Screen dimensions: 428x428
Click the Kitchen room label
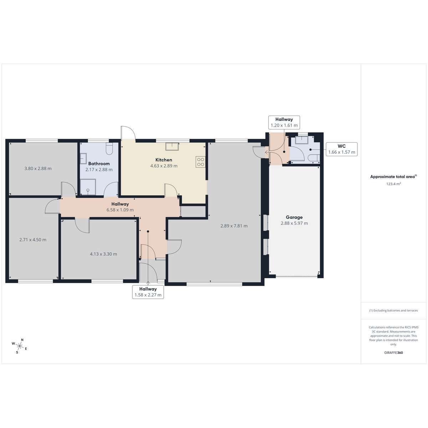coord(164,160)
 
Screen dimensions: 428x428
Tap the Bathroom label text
coord(99,164)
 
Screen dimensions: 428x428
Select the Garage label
coord(294,218)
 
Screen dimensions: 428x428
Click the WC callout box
coord(342,149)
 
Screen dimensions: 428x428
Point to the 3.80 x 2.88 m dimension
coord(38,169)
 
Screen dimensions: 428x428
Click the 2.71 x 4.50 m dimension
coord(33,240)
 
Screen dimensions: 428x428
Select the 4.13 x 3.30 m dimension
coord(103,254)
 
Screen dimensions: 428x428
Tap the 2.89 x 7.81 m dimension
coord(234,226)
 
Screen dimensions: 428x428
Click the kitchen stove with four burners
coord(200,162)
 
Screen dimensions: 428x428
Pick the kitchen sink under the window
coord(172,147)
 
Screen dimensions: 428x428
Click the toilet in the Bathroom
coord(109,149)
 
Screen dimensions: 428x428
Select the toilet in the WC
coord(314,158)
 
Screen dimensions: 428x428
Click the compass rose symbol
coord(20,346)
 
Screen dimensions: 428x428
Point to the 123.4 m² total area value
coord(393,184)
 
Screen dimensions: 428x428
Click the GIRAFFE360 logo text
coord(393,352)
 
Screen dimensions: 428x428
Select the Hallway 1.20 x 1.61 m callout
coord(284,122)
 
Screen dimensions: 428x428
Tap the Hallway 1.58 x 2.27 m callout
coord(148,292)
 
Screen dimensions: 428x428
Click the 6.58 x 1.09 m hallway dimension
coord(120,210)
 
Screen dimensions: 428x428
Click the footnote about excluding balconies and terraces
coord(393,311)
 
